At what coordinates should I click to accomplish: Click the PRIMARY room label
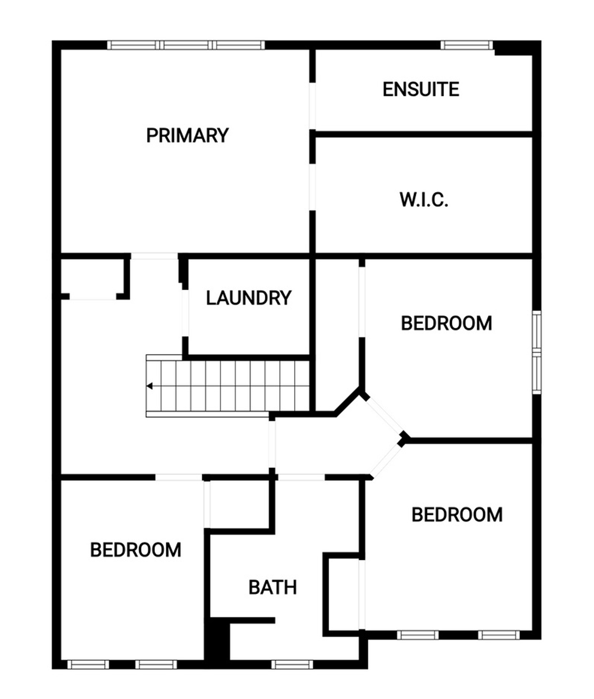(x=187, y=135)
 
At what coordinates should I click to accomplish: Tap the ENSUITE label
(x=421, y=89)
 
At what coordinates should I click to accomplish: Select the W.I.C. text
(x=424, y=200)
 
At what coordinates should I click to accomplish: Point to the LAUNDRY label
(x=248, y=298)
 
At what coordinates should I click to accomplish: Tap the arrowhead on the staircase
(x=149, y=386)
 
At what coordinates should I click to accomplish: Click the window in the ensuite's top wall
(x=467, y=45)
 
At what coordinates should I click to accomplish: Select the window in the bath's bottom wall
(x=292, y=664)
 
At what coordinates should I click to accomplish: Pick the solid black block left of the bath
(x=218, y=639)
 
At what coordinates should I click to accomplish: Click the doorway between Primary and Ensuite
(x=312, y=105)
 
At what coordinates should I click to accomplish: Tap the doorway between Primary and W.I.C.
(x=312, y=187)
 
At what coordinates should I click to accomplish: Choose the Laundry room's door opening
(x=185, y=313)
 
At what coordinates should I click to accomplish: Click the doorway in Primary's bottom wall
(x=154, y=256)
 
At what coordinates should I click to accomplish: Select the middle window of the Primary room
(x=186, y=45)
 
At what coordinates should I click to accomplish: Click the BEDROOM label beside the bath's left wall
(x=136, y=550)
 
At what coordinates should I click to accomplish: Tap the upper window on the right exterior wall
(x=537, y=331)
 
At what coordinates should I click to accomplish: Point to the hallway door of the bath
(x=301, y=477)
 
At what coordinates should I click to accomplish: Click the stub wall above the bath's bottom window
(x=252, y=621)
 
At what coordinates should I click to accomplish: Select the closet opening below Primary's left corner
(x=93, y=297)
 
